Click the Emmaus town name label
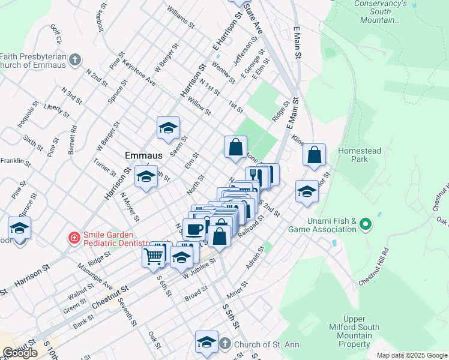coord(144,155)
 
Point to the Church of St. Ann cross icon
coord(224,344)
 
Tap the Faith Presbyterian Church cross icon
coord(74,60)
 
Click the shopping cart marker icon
coord(154,256)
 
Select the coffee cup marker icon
coord(194,229)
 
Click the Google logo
coord(20,353)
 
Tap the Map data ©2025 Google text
coord(411,355)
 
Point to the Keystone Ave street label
coord(139,72)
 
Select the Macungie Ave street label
coord(94,275)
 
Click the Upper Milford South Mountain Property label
coord(355,331)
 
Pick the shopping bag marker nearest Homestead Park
coord(315,155)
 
